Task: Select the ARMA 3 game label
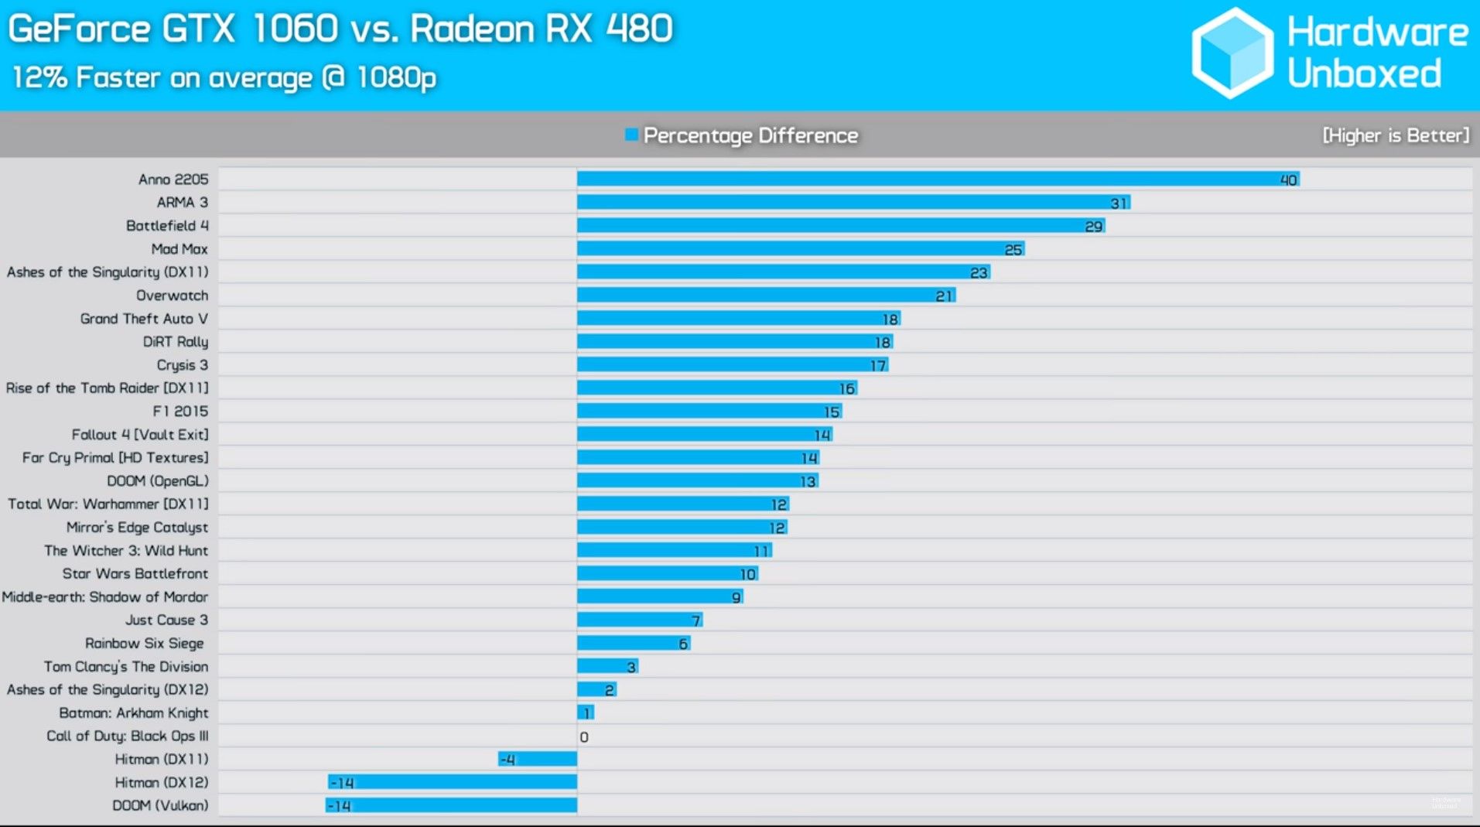pos(183,203)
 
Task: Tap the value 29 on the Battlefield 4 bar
pos(1093,227)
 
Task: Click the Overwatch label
pos(172,296)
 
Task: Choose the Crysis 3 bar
pos(732,365)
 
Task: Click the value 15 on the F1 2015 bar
pos(832,412)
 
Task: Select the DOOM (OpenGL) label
pos(158,481)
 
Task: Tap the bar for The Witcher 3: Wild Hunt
pos(674,551)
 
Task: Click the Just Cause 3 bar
pos(639,620)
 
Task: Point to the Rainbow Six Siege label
pos(145,644)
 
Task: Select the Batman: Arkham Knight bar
pos(586,713)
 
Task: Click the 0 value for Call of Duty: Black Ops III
pos(584,737)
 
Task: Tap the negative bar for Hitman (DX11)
pos(538,760)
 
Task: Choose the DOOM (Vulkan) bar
pos(451,806)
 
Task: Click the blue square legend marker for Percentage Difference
pos(631,135)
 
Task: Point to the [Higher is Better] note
pos(1395,136)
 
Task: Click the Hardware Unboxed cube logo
pos(1232,53)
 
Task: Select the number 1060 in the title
pos(296,29)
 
